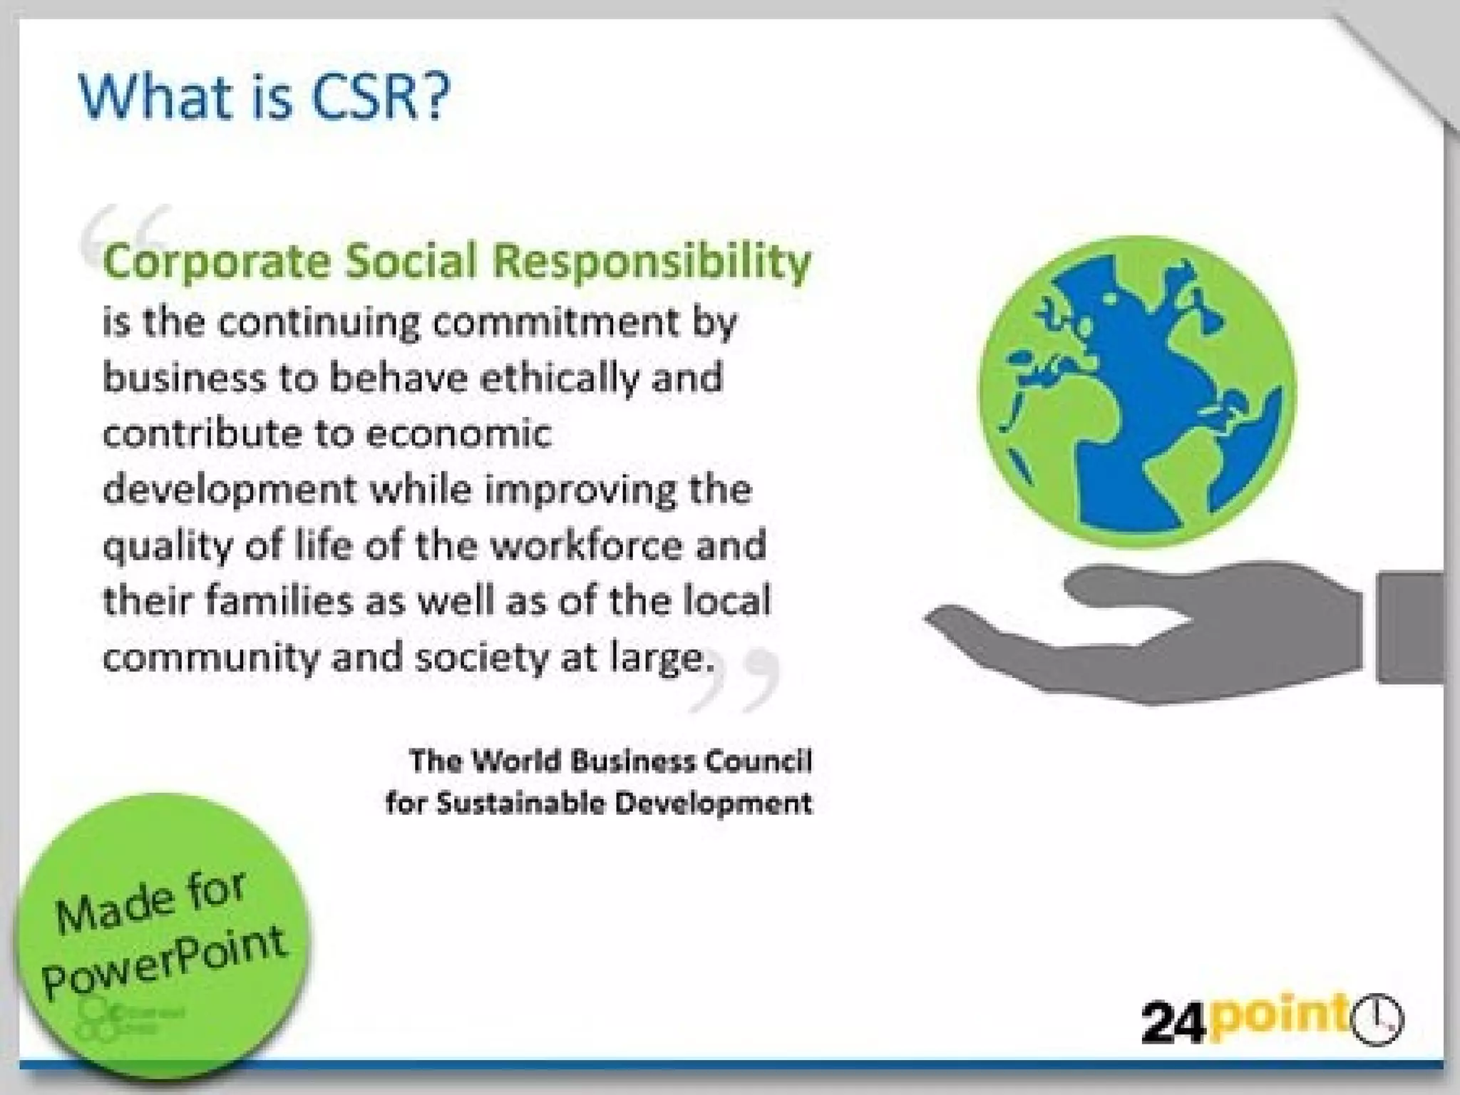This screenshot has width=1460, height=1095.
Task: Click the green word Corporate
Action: pos(217,261)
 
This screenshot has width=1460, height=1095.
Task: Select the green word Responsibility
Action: pos(652,261)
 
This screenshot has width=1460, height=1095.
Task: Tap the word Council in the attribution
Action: pos(759,761)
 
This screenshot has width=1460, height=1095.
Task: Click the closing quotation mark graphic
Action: pos(734,681)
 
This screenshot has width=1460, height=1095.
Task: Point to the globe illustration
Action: pos(1136,392)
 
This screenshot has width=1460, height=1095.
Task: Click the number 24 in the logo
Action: pos(1173,1024)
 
